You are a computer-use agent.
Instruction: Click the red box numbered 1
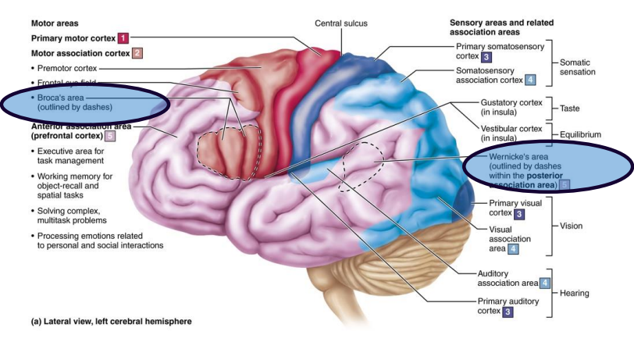pyautogui.click(x=123, y=37)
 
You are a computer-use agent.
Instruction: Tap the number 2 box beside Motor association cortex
pyautogui.click(x=137, y=53)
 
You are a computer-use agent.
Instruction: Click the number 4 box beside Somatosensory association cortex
pyautogui.click(x=531, y=80)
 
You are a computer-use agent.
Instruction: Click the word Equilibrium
pyautogui.click(x=580, y=134)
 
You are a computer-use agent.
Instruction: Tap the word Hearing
pyautogui.click(x=575, y=294)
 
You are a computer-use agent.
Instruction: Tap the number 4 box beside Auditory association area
pyautogui.click(x=545, y=282)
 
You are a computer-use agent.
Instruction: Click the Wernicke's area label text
pyautogui.click(x=525, y=172)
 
